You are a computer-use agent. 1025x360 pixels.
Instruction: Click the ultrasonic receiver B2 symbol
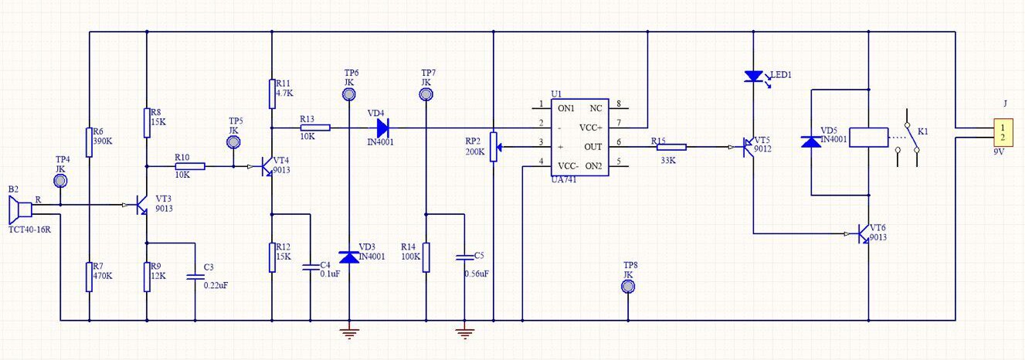(x=20, y=209)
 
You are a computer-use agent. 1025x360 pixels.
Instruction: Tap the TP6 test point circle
(x=348, y=95)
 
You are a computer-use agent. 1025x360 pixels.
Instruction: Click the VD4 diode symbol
(x=382, y=127)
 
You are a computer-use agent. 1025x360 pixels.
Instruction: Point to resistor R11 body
(x=272, y=93)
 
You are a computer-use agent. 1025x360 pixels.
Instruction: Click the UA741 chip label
(x=564, y=180)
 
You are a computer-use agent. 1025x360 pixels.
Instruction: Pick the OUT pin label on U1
(x=593, y=147)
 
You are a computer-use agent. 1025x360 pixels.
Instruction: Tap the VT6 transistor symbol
(x=863, y=234)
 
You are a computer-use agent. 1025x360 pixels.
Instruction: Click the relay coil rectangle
(x=868, y=138)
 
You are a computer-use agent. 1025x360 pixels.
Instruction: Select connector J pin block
(x=1003, y=133)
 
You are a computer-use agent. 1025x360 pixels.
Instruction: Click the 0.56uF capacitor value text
(x=477, y=273)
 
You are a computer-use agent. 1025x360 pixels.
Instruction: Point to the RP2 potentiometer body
(x=494, y=147)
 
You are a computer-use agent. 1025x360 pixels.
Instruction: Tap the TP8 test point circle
(x=628, y=287)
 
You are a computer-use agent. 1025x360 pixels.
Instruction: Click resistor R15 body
(x=671, y=147)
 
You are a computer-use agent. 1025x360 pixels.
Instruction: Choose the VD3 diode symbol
(x=349, y=257)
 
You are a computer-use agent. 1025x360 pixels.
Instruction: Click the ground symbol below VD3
(x=349, y=334)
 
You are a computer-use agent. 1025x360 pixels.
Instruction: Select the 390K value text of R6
(x=103, y=141)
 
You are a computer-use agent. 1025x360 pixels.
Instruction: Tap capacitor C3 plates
(x=195, y=277)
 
